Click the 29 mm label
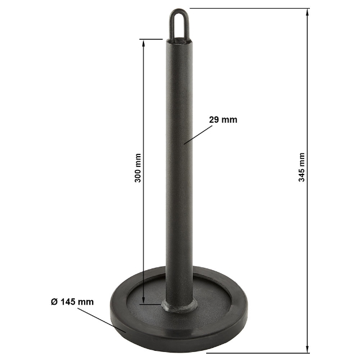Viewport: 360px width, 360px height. coord(222,120)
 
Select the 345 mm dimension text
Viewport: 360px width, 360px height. coord(302,167)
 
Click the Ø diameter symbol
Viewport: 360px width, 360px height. coord(53,301)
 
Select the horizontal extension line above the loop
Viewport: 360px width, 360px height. coord(248,9)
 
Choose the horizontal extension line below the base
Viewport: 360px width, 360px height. coord(259,352)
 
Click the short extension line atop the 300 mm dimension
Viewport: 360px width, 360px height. coord(151,39)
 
